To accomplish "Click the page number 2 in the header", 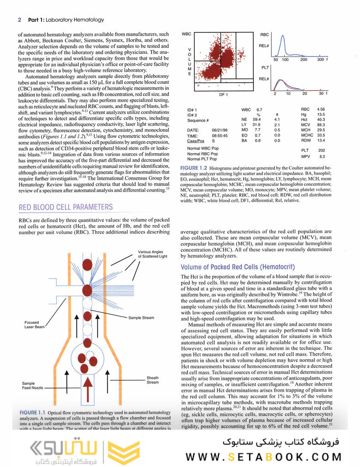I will pos(19,20).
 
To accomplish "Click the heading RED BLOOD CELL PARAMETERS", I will pos(65,208).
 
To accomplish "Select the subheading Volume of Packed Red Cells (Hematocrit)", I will pos(238,267).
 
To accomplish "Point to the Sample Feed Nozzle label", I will pos(32,386).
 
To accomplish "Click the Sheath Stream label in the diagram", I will pos(152,380).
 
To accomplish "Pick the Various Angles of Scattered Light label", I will pos(154,254).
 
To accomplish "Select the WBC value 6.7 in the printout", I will pos(260,110).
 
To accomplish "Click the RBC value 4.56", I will pos(320,109).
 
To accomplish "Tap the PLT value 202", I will pos(321,150).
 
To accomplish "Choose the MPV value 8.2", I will pos(322,156).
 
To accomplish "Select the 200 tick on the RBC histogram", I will pos(303,60).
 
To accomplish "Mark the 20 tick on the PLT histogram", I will pos(304,93).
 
